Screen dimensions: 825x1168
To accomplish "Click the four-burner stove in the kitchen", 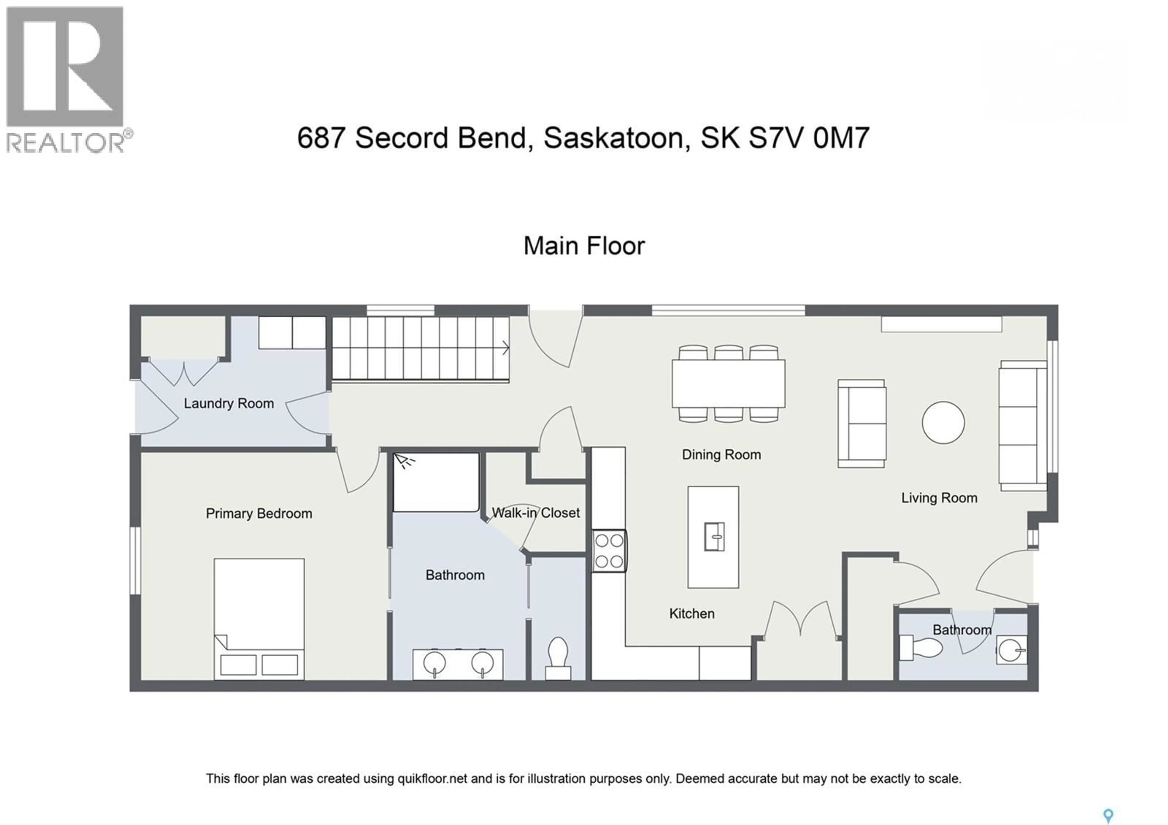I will [609, 551].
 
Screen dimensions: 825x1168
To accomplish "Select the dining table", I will [728, 384].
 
